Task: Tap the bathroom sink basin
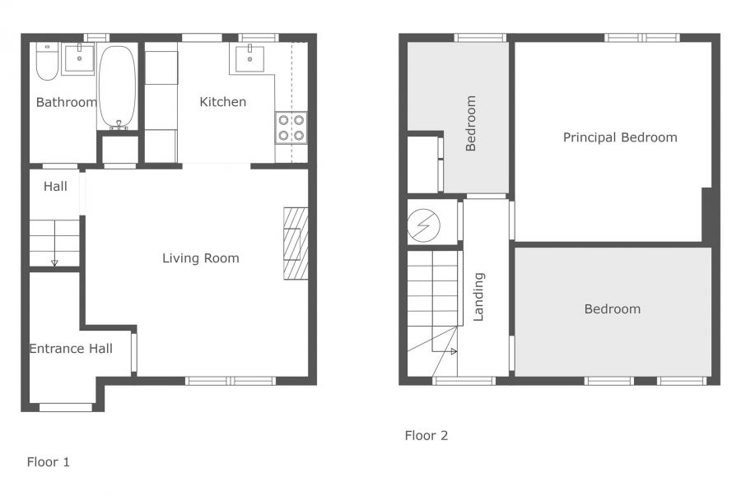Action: (79, 58)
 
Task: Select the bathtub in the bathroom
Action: (119, 86)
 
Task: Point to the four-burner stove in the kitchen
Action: (291, 127)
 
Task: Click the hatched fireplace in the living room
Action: (296, 243)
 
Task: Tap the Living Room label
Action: (200, 258)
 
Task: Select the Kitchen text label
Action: (223, 102)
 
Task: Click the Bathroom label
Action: (66, 103)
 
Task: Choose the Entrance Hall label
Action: (71, 349)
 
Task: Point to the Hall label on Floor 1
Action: (55, 187)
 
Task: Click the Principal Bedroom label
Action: (620, 137)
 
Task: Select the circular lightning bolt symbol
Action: (425, 225)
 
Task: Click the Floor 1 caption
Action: (49, 462)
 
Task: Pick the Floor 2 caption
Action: (426, 435)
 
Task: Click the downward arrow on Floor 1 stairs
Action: (54, 262)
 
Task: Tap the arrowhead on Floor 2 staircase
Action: (454, 351)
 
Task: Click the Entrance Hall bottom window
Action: (66, 406)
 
